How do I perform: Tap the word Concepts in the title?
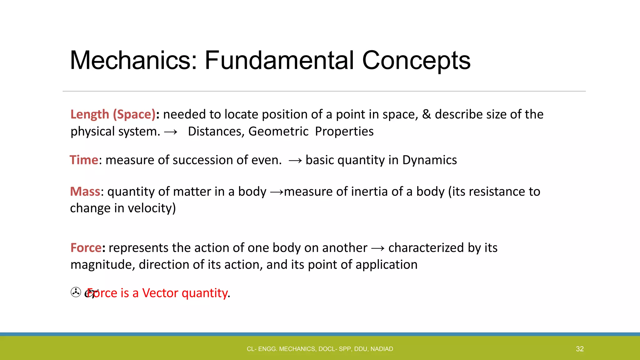point(416,60)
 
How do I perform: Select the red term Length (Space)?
point(113,114)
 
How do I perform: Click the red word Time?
point(84,160)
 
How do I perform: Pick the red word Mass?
point(85,192)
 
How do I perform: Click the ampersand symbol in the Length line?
point(426,114)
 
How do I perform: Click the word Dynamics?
point(429,160)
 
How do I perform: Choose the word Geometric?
point(278,132)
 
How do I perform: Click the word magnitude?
point(103,265)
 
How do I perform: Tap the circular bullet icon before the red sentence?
point(76,292)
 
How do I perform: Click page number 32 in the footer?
point(580,349)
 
